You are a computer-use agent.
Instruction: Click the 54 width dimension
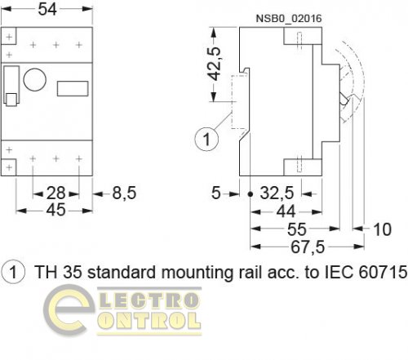47,9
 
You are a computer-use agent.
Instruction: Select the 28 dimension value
55,193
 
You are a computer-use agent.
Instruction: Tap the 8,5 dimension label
124,193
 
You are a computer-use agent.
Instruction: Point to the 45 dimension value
55,210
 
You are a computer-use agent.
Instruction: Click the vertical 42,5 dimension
214,64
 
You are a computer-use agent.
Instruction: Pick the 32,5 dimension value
277,193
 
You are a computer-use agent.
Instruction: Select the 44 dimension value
286,211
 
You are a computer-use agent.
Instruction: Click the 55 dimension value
297,229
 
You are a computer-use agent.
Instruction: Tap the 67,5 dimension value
308,247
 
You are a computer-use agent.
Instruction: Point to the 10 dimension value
383,229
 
